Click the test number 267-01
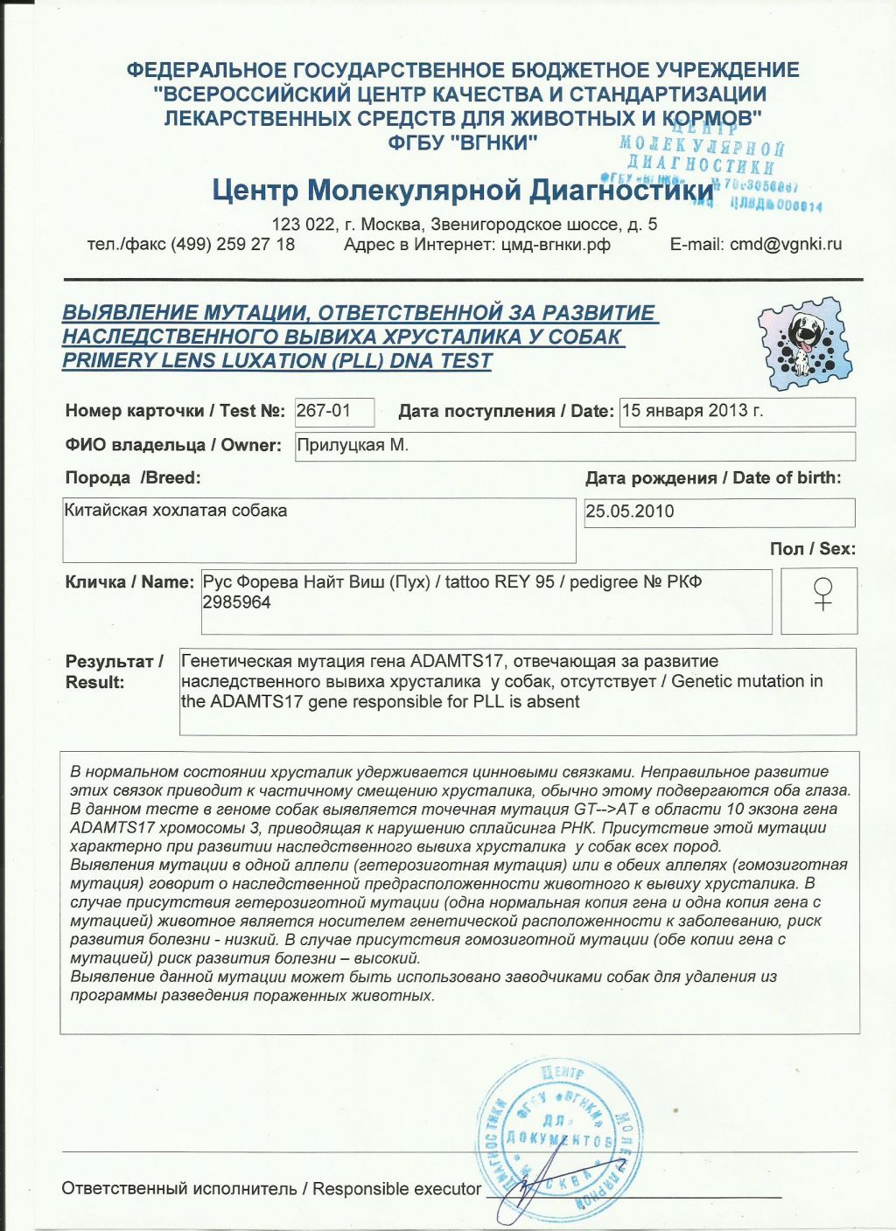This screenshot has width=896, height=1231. [324, 411]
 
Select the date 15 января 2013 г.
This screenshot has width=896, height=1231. [692, 411]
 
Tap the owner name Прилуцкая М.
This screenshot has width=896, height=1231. [353, 445]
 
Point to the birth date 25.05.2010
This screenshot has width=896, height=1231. [630, 511]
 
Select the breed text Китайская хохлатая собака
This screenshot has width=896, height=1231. [176, 511]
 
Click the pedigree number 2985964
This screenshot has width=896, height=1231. [237, 602]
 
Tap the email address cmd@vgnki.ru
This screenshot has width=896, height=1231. [786, 245]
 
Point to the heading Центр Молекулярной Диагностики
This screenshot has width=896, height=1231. [462, 190]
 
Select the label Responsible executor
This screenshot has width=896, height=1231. [396, 1189]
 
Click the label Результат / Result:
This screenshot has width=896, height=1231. [115, 671]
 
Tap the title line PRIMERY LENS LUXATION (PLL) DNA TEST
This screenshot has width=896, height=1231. [276, 360]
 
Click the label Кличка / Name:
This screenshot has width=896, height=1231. [129, 582]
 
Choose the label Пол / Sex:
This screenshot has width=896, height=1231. [812, 549]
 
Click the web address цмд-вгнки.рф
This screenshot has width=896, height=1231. [556, 245]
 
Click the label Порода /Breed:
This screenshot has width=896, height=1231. [133, 478]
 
